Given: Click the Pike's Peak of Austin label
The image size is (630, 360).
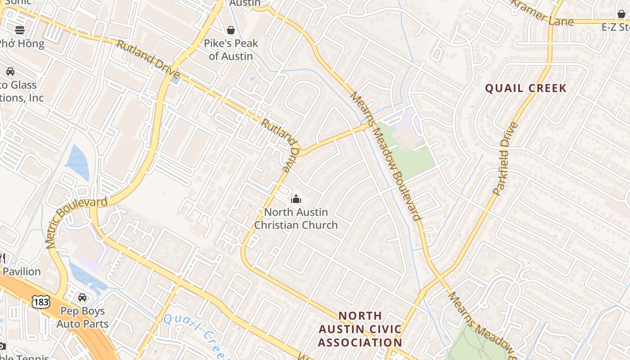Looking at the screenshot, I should point(231,49).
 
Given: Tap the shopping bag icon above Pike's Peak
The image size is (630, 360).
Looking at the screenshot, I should point(231,30).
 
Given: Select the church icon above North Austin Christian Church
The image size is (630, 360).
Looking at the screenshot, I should point(296,198).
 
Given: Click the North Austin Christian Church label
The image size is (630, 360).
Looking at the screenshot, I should point(296,218).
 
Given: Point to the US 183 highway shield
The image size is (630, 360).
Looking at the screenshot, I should point(40,301).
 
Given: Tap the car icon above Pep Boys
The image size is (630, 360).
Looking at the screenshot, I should point(82,297).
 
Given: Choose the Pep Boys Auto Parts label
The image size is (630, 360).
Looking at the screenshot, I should point(82,317).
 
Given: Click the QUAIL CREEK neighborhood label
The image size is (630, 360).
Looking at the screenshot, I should point(526,88).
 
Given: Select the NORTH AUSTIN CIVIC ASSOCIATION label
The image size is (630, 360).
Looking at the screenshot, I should point(360,329).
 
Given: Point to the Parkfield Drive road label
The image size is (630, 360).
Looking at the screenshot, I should point(506,158).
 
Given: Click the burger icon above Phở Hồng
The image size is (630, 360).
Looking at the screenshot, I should point(19,30).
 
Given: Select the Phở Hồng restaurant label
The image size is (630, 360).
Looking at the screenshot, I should point(22,44).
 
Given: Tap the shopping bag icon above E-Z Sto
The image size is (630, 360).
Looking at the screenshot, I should point(621,14).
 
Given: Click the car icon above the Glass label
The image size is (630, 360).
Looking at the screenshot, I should point(10,72).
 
